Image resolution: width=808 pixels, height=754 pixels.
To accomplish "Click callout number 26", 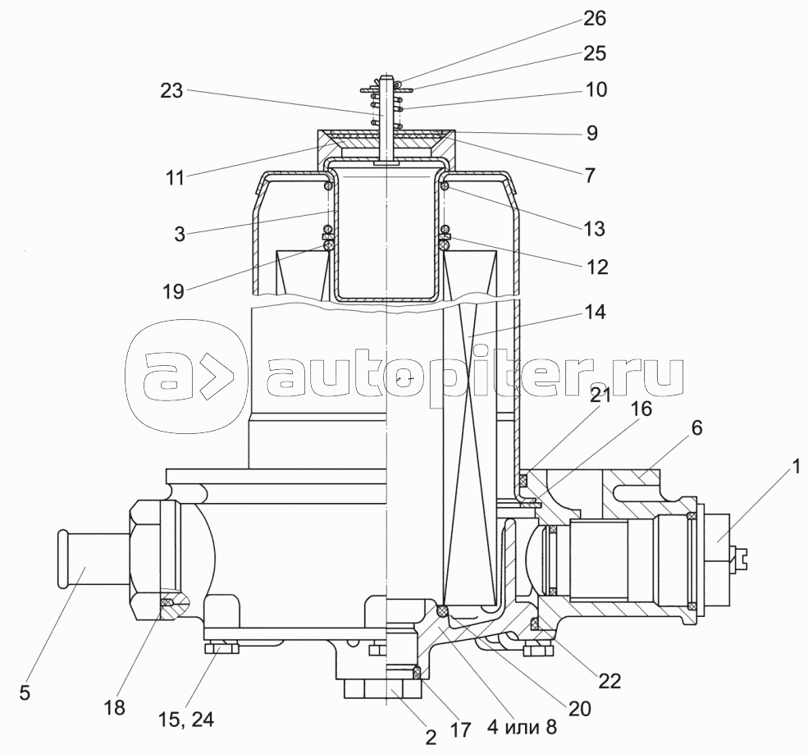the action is (x=595, y=19).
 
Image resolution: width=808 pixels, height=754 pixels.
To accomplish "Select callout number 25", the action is (x=595, y=53).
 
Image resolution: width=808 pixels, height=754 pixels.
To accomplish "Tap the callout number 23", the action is (x=171, y=91).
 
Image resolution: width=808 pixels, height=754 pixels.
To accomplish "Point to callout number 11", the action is (x=176, y=178).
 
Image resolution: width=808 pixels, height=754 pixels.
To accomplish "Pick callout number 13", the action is (x=595, y=228).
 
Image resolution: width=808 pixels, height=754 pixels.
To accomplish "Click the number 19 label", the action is (x=173, y=291).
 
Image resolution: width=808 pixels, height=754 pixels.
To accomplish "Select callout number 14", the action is (x=595, y=312).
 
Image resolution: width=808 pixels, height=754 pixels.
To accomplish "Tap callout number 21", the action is (x=600, y=395).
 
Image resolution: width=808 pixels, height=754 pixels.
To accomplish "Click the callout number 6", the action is (x=696, y=427).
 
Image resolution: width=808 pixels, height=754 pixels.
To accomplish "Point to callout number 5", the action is (x=25, y=692).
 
